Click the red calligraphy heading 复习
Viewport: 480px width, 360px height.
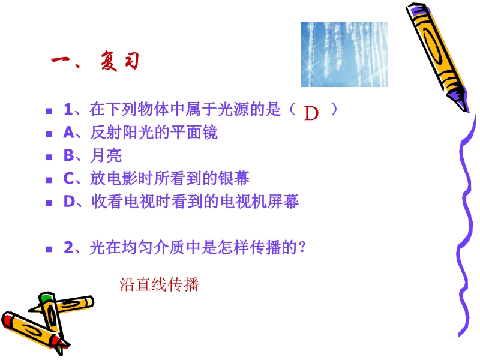click(x=120, y=61)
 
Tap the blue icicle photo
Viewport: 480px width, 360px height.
click(x=344, y=54)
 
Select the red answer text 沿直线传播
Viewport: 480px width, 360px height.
click(x=159, y=284)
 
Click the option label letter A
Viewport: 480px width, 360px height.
click(x=68, y=133)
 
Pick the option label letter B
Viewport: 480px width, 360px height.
click(x=68, y=155)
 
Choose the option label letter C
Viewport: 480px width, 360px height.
click(x=68, y=178)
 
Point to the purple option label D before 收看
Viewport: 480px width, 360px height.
click(x=69, y=202)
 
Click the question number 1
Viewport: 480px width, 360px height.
click(x=68, y=109)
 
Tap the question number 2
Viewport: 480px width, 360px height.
click(x=68, y=247)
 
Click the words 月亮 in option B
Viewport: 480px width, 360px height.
click(x=106, y=155)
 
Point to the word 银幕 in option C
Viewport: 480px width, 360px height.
click(x=234, y=178)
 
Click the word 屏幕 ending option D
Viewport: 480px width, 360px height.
click(x=283, y=202)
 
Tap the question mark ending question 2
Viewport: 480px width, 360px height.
click(x=302, y=247)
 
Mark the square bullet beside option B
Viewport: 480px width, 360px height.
click(x=49, y=157)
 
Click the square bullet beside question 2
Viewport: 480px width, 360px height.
click(x=49, y=249)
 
